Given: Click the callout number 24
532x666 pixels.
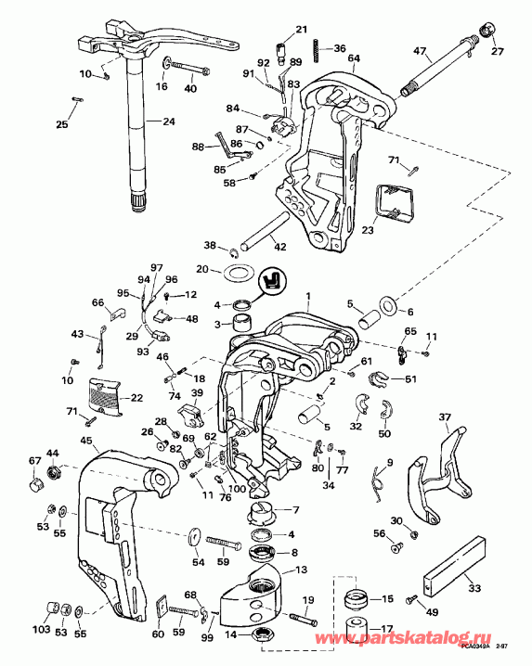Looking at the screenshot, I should (168, 121).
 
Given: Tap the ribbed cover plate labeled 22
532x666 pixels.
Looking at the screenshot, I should (109, 396).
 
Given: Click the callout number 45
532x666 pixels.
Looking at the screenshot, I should (85, 441).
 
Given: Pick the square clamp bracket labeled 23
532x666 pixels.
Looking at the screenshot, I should (392, 202).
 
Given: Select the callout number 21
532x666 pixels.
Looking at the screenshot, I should (301, 31).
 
